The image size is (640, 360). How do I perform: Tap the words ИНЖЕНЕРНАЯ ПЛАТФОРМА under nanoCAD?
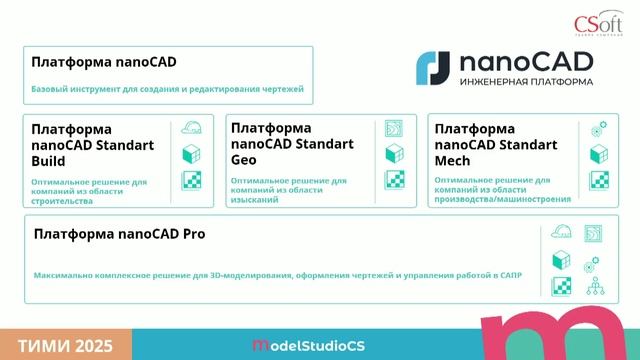[x=525, y=82]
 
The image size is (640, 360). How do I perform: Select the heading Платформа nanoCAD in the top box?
[x=104, y=62]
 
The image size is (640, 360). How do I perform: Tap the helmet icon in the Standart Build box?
[x=191, y=129]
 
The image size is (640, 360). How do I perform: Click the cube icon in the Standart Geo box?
[x=395, y=154]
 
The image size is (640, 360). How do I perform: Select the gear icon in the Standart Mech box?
[x=599, y=128]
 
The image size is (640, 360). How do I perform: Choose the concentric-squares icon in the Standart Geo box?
[x=395, y=129]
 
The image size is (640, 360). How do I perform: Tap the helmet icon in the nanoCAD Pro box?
[x=561, y=235]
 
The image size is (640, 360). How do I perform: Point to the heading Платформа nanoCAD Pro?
[x=112, y=234]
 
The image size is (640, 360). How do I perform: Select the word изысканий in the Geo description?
[x=255, y=198]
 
